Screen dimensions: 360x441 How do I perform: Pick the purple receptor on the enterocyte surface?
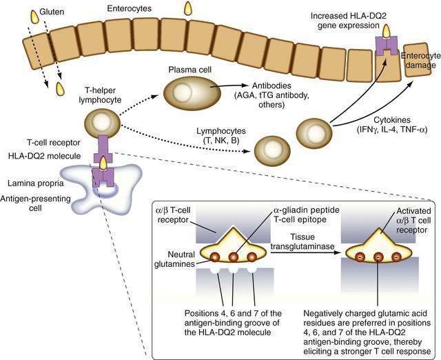387,47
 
